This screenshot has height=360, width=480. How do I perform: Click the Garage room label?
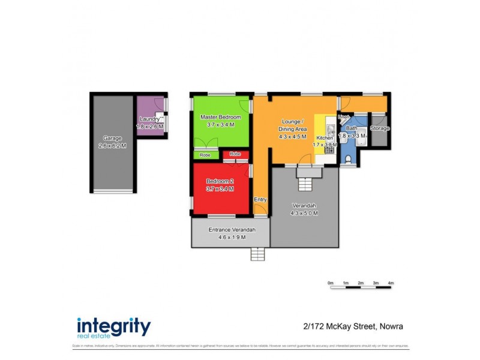[x=112, y=138]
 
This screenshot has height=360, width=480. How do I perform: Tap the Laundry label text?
[x=149, y=119]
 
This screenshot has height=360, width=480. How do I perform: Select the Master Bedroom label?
[x=220, y=117]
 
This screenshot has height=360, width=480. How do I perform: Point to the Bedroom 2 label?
[x=220, y=181]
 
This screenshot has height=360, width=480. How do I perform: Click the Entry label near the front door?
[x=260, y=200]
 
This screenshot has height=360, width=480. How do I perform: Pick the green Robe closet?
[x=205, y=155]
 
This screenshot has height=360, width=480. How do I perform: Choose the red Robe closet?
[x=235, y=154]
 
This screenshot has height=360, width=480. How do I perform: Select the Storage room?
[x=379, y=128]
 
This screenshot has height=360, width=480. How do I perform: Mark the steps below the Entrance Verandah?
[x=257, y=254]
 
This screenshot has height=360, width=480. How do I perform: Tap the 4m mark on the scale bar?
[x=391, y=283]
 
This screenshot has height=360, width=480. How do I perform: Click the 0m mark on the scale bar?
[x=331, y=283]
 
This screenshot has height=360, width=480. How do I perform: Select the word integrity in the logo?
[x=113, y=327]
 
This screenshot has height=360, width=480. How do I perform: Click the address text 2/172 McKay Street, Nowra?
[x=353, y=327]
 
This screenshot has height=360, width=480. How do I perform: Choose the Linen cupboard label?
[x=344, y=116]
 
